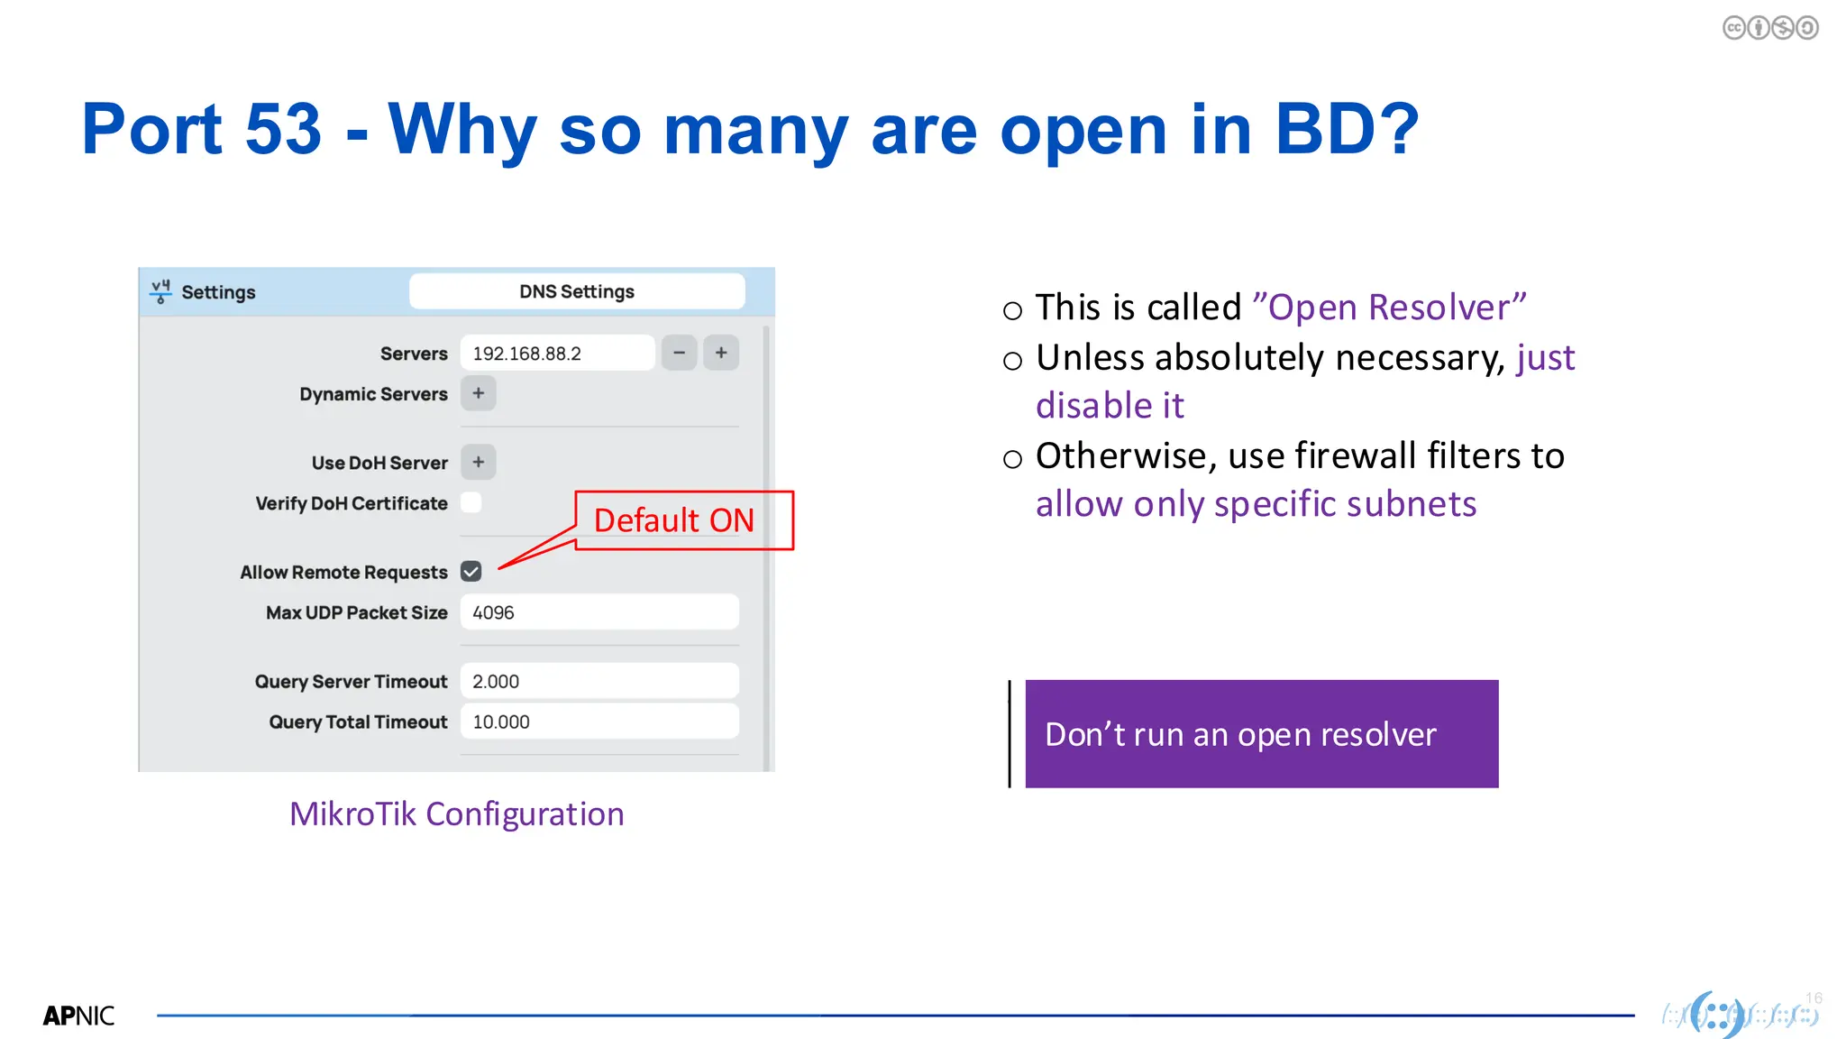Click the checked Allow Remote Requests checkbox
(x=471, y=572)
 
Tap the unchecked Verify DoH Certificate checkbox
(x=471, y=502)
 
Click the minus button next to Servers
(x=679, y=353)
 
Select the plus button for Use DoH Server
(x=478, y=462)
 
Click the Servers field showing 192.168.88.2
(x=556, y=353)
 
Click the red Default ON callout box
(x=683, y=520)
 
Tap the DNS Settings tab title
(x=577, y=291)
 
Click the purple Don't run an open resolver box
(x=1261, y=734)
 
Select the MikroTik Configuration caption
(x=456, y=814)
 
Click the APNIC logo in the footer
(x=79, y=1016)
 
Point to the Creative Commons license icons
(x=1769, y=28)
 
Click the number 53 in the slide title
(x=283, y=129)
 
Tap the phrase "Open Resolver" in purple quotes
(x=1389, y=308)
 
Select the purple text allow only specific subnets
(x=1256, y=504)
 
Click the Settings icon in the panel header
(x=160, y=291)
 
